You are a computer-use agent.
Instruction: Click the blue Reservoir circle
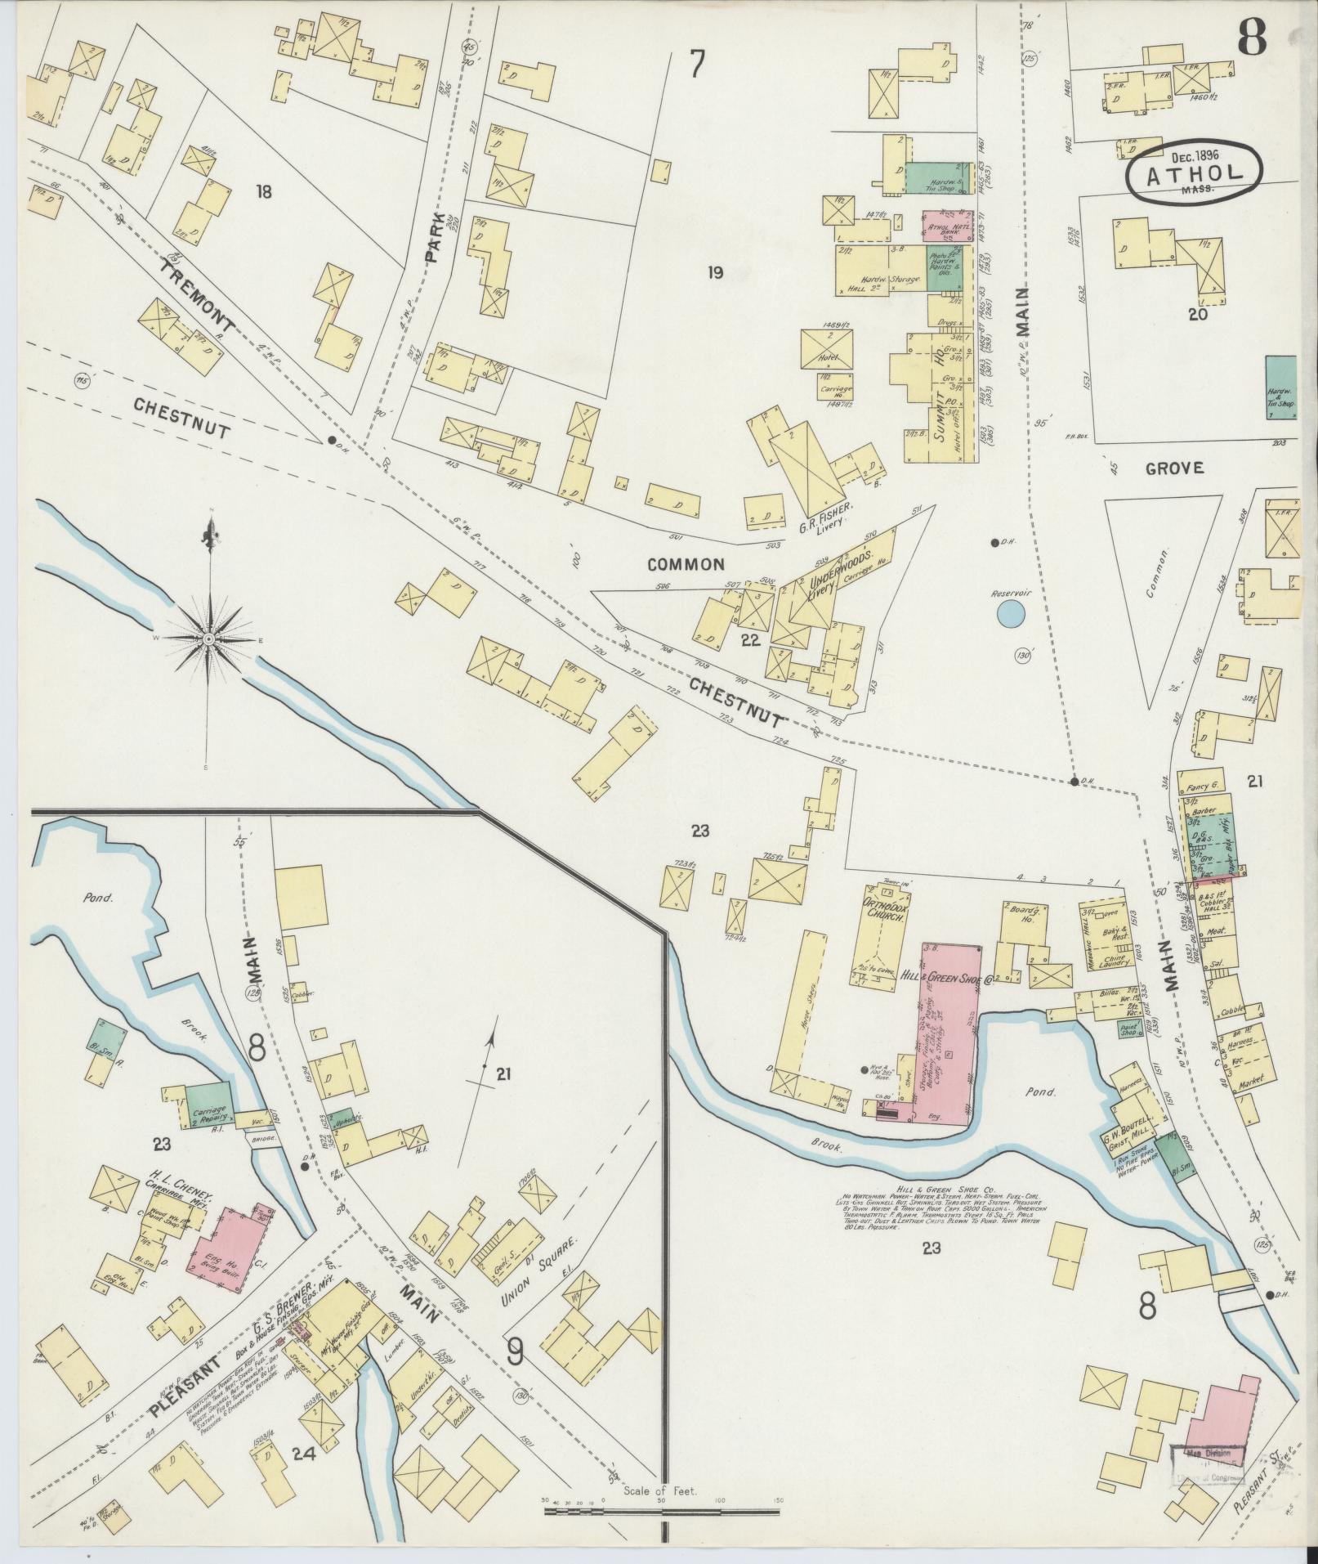1011,613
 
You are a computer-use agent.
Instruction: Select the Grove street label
1173,468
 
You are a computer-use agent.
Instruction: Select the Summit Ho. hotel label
948,396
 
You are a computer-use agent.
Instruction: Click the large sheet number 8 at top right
1252,37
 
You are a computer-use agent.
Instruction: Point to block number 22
750,641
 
